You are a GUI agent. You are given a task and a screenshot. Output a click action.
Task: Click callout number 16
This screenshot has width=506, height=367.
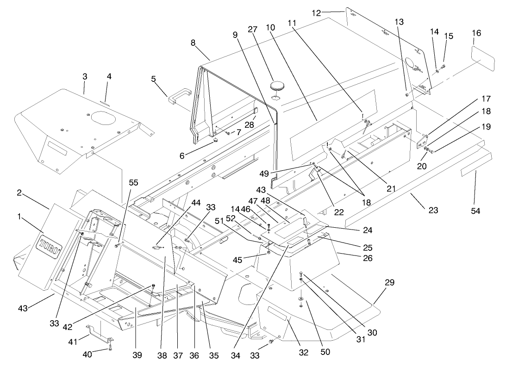(476, 33)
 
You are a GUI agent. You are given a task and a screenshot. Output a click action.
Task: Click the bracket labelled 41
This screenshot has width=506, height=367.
(99, 333)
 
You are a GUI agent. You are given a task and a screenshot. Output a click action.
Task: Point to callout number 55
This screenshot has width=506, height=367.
(133, 183)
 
